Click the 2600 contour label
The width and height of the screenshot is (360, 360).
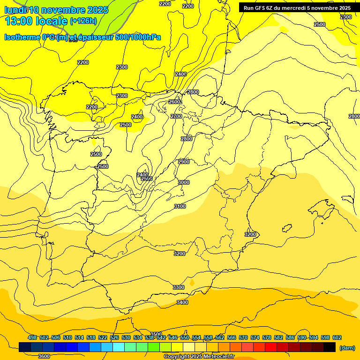[x=174, y=102]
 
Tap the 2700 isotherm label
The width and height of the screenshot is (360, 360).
[x=176, y=116]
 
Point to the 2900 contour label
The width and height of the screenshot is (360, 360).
[x=184, y=162]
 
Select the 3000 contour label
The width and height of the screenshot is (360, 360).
[x=184, y=182]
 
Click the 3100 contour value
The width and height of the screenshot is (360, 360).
[x=180, y=206]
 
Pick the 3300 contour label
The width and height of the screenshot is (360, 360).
[x=179, y=287]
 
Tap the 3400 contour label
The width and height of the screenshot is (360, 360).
[x=182, y=302]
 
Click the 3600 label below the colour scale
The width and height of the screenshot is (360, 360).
[x=44, y=356]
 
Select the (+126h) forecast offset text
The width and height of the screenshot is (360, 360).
[x=83, y=21]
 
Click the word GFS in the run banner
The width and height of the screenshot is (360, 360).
[x=259, y=8]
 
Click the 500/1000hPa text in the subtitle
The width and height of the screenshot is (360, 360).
[x=139, y=37]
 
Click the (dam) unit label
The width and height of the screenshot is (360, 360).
[x=347, y=347]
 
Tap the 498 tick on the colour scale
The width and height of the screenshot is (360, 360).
[x=32, y=337]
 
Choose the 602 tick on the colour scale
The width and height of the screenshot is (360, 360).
[x=337, y=337]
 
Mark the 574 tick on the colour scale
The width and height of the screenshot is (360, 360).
[x=255, y=337]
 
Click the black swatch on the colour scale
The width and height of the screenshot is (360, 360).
[x=330, y=347]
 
